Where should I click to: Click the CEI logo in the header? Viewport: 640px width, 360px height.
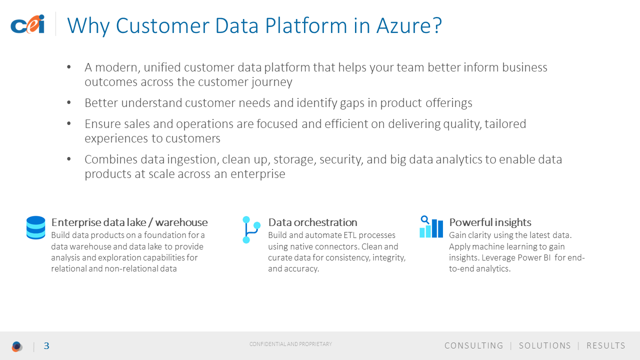(x=27, y=24)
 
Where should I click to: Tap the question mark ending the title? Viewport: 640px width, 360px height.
(x=437, y=25)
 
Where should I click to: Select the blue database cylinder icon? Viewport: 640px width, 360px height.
(x=35, y=227)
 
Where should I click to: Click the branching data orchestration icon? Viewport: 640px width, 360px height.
(x=251, y=229)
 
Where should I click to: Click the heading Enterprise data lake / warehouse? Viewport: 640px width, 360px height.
(x=129, y=222)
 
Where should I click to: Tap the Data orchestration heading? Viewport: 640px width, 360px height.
(x=312, y=222)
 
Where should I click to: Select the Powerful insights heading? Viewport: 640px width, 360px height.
(x=490, y=222)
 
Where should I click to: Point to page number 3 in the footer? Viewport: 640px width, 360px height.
(x=46, y=346)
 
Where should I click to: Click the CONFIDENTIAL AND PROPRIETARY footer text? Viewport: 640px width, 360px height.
(x=290, y=344)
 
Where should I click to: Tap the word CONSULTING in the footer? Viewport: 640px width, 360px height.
(x=473, y=345)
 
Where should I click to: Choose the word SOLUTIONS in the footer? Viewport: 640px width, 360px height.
(x=545, y=345)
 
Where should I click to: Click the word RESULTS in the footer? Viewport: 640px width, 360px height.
(x=606, y=345)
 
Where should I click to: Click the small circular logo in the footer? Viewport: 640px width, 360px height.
(x=17, y=346)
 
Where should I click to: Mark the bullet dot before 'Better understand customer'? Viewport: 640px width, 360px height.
(x=69, y=102)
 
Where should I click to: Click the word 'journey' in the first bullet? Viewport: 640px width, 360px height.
(x=271, y=82)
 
